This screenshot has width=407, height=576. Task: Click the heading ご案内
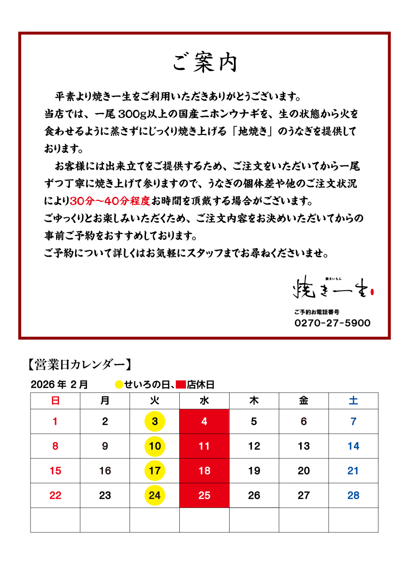[204, 63]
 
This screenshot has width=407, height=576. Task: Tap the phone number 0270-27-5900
[332, 323]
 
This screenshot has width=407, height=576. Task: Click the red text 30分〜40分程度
[111, 200]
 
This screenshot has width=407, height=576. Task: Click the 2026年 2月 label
[59, 385]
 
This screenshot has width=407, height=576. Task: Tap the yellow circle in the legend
[118, 385]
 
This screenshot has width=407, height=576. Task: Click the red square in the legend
[181, 385]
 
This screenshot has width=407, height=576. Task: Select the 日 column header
[55, 401]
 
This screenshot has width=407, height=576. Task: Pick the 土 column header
[353, 401]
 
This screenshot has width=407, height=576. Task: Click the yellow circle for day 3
[155, 421]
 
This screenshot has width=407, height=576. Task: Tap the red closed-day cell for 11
[204, 446]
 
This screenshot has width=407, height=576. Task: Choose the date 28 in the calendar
[353, 495]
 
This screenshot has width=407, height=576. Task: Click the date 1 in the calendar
[55, 421]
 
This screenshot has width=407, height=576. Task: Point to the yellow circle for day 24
[155, 495]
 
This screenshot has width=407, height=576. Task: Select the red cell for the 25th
[204, 495]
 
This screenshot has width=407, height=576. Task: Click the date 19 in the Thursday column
[254, 471]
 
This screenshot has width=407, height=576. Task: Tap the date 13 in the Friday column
[304, 446]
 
